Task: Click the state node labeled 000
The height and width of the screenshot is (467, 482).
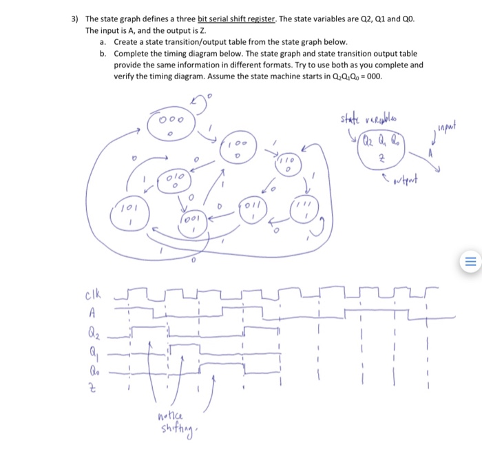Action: tap(172, 123)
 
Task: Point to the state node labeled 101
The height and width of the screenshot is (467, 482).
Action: tap(131, 210)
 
